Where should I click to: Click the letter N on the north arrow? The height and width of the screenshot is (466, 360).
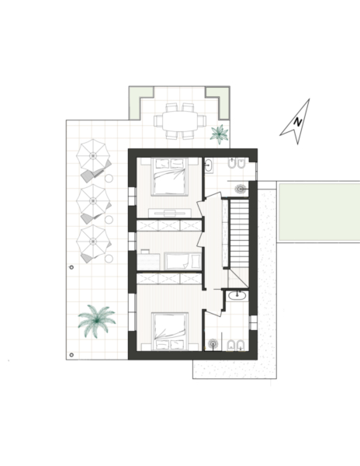[298, 122]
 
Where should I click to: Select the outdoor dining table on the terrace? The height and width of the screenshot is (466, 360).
[180, 120]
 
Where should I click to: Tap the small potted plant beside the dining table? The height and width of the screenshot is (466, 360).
[220, 134]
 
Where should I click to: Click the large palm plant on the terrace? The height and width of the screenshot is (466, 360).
[97, 321]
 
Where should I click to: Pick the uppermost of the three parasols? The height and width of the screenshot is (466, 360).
[93, 155]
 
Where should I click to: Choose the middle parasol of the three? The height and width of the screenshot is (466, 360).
[93, 201]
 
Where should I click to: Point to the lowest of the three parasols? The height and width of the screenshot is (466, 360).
[93, 241]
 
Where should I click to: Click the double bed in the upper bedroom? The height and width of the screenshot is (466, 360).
[169, 176]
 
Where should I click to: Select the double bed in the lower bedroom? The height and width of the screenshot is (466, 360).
[169, 332]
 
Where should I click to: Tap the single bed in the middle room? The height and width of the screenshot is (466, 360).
[183, 261]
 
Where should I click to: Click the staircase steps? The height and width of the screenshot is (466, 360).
[240, 234]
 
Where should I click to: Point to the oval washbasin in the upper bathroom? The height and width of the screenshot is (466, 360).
[209, 165]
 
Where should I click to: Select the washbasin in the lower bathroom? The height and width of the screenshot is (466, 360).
[237, 295]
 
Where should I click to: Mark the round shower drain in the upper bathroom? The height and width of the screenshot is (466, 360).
[241, 189]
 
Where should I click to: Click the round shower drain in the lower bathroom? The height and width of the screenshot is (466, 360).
[213, 344]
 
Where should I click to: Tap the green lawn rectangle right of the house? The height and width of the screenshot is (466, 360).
[320, 212]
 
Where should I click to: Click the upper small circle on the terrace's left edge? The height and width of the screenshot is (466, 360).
[71, 267]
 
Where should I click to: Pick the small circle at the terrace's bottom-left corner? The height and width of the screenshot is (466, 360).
[71, 355]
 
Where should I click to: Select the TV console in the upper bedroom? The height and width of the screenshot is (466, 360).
[170, 213]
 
